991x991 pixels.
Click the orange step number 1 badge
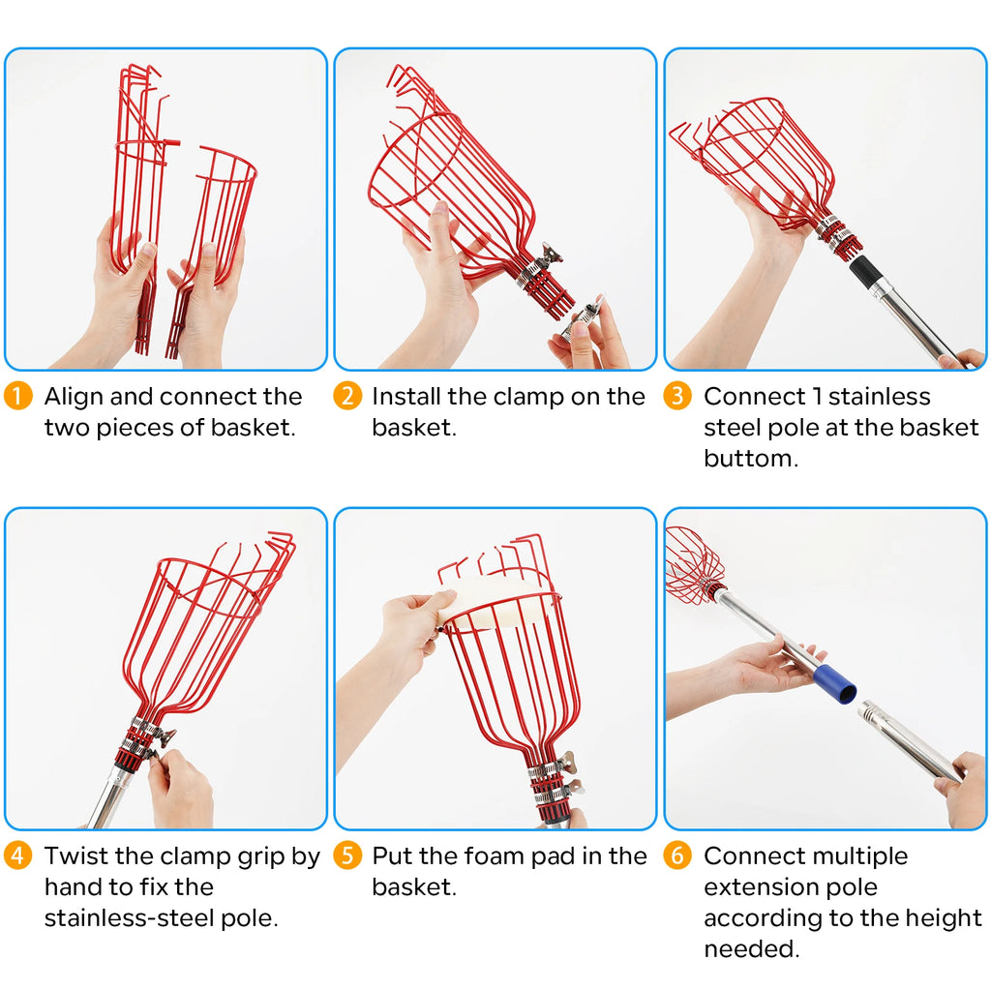tap(17, 396)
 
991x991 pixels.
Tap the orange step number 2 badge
tap(347, 396)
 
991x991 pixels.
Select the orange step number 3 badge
tap(677, 396)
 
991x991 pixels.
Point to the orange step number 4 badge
tap(17, 856)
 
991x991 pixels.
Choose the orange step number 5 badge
tap(347, 856)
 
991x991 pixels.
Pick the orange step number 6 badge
tap(677, 856)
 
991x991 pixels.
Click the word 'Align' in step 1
tap(74, 398)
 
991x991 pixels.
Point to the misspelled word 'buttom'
tap(751, 458)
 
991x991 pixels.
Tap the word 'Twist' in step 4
tap(76, 856)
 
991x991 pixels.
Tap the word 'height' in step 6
tap(944, 919)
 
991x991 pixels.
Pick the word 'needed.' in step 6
tap(751, 948)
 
